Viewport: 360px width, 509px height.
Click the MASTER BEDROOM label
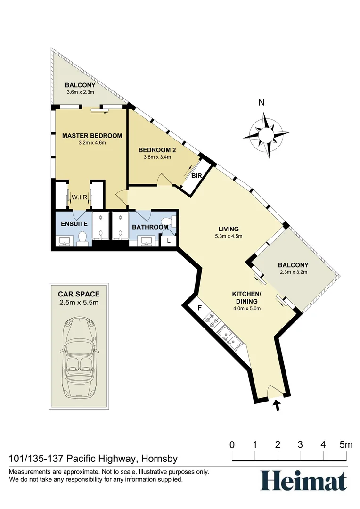click(92, 136)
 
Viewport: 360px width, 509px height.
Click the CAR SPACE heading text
click(79, 294)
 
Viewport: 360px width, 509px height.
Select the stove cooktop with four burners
click(212, 321)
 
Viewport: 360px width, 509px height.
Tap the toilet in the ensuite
click(83, 239)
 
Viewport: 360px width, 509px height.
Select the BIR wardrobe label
click(196, 176)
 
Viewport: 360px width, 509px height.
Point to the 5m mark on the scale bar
click(346, 444)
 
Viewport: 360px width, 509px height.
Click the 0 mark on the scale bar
click(232, 444)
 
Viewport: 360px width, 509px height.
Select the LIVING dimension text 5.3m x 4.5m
click(228, 237)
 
